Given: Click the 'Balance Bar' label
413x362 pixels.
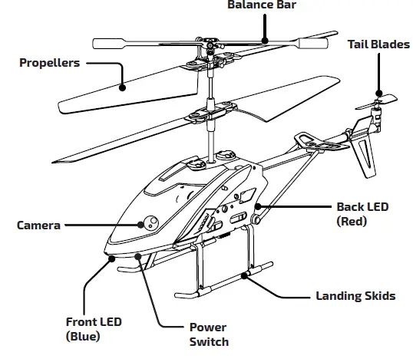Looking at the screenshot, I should [x=261, y=5].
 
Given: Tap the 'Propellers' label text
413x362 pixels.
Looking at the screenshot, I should [x=49, y=63].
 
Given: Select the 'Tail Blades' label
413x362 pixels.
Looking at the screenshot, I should [x=378, y=44].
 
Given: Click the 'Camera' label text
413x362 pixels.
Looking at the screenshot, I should [x=38, y=225].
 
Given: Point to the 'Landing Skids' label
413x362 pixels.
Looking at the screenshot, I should [x=355, y=295].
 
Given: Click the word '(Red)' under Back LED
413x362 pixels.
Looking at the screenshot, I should [x=352, y=221].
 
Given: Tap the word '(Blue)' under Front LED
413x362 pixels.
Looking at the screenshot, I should [x=85, y=335].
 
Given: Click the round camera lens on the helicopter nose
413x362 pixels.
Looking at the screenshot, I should [x=148, y=223].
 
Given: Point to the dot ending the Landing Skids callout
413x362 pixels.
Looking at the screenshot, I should [x=245, y=274].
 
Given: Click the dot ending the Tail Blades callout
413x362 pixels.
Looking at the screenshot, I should [x=377, y=95].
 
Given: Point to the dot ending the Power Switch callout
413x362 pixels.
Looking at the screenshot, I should [x=137, y=254].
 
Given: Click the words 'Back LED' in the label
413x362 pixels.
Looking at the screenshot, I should [x=362, y=207].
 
